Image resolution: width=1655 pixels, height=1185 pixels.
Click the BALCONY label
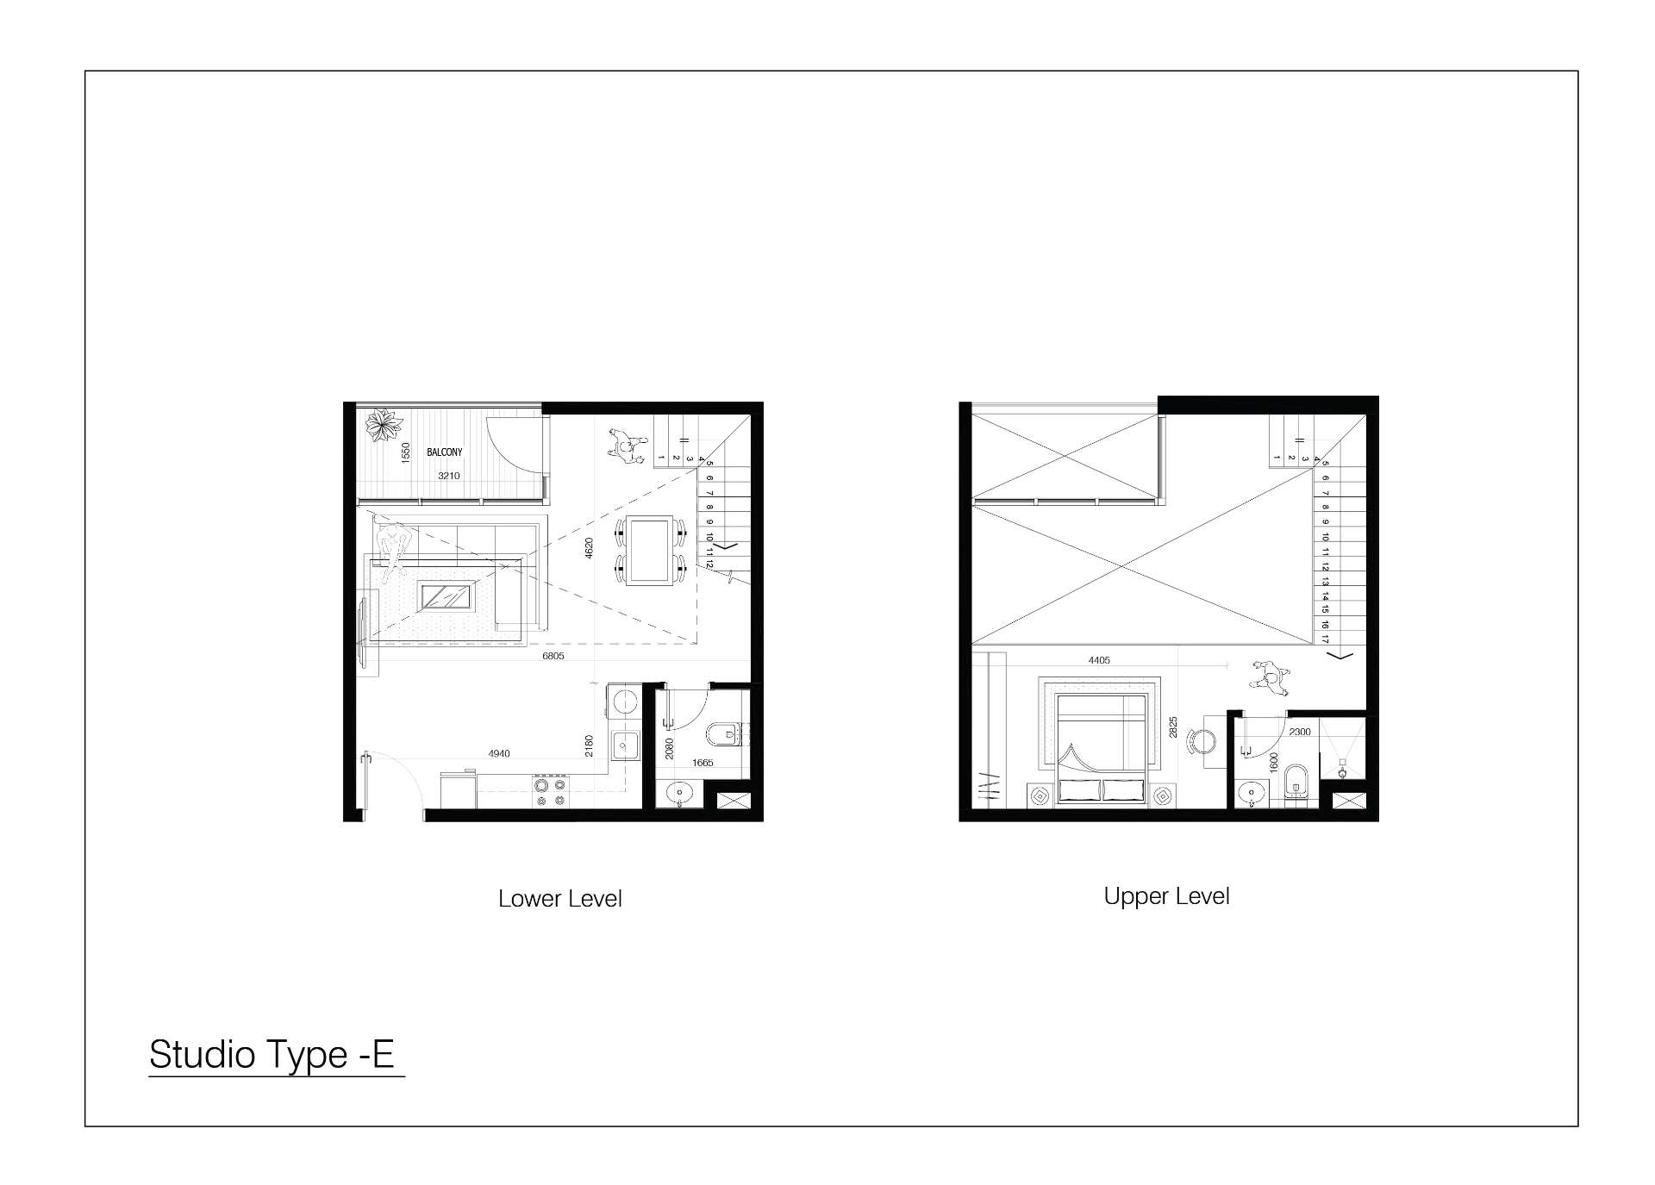(x=444, y=452)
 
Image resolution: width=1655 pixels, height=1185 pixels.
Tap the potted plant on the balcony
(x=384, y=426)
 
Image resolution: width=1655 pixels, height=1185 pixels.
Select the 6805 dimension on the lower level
(x=553, y=656)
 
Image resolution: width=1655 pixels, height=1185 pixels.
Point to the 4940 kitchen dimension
(x=499, y=753)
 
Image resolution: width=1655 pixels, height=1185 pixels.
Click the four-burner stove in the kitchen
(x=550, y=792)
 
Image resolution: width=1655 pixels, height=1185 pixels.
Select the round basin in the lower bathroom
(x=680, y=792)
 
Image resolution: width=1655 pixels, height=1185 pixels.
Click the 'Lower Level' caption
(x=560, y=899)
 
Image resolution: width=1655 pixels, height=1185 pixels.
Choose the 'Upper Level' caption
(x=1166, y=896)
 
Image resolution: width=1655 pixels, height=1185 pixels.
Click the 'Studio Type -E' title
(x=272, y=1054)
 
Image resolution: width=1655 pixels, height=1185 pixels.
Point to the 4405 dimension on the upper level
(x=1099, y=660)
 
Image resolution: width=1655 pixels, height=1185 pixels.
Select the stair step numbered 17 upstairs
(x=1325, y=639)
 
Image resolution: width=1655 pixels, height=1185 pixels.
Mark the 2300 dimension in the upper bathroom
(x=1299, y=732)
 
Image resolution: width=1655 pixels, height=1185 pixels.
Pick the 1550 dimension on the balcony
(x=406, y=453)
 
